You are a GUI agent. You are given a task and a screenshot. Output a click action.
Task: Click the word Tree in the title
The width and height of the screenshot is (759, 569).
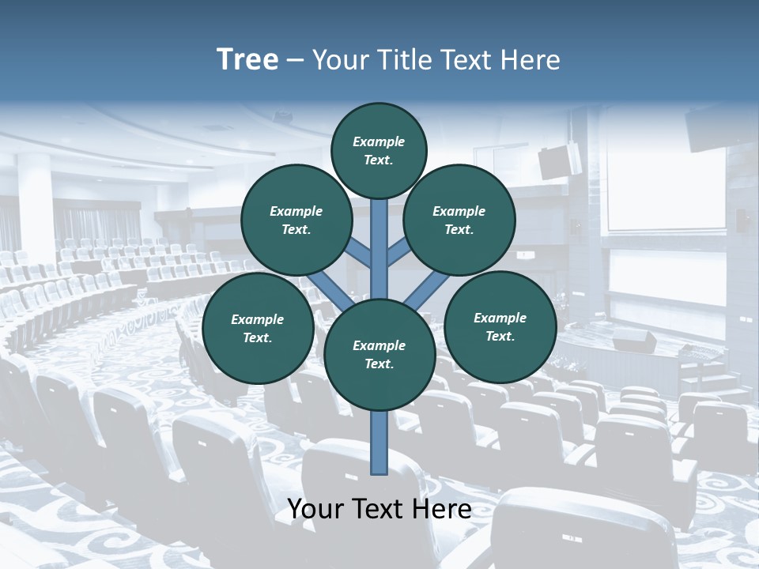pos(247,60)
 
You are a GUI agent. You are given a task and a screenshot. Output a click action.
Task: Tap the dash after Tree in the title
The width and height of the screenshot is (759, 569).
pos(295,61)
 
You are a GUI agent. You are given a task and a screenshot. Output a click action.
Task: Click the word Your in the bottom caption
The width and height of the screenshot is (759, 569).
pos(315,509)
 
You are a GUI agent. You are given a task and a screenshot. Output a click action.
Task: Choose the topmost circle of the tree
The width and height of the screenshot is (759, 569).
pos(379,150)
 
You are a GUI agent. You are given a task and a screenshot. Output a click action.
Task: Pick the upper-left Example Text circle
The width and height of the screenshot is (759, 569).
pos(296,220)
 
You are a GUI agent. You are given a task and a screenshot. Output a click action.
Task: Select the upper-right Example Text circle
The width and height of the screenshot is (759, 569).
pos(459,220)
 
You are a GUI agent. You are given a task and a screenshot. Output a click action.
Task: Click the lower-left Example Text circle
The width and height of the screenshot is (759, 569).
pos(258,328)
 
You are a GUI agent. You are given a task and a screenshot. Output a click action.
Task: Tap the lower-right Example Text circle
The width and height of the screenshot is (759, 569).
pos(500,326)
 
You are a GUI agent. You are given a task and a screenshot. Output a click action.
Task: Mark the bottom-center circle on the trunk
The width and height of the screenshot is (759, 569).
pos(379,354)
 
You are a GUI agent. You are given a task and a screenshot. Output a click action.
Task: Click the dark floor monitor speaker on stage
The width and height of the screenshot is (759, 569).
pos(634,341)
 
